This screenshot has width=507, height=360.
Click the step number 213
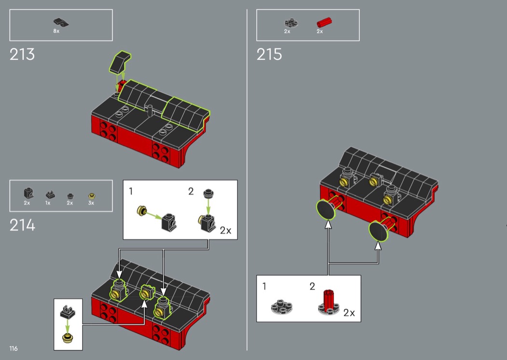[x=22, y=55]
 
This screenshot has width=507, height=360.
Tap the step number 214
[x=22, y=225]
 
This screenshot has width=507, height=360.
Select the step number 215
[x=269, y=55]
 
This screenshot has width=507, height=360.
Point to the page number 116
[x=14, y=348]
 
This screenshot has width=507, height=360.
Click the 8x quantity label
[x=56, y=31]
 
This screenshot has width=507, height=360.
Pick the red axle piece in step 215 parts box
[x=324, y=23]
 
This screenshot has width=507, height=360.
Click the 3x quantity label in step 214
[x=91, y=203]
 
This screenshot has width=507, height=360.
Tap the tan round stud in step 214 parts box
[x=92, y=196]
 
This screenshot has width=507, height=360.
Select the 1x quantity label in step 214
[x=48, y=203]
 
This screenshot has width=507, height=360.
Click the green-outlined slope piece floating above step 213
[x=120, y=61]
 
